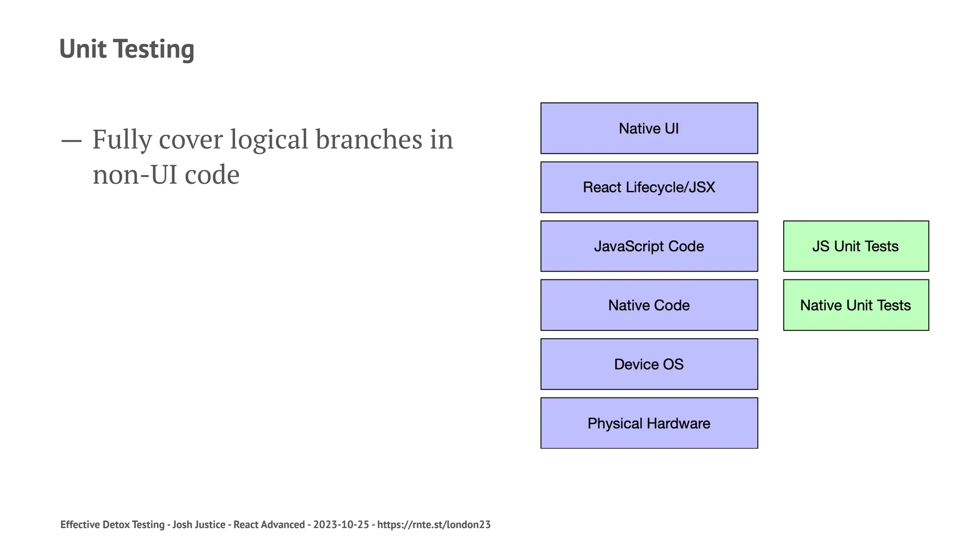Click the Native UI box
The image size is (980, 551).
[x=649, y=128]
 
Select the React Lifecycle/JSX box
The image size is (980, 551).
[x=649, y=187]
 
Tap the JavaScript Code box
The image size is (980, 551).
[x=649, y=246]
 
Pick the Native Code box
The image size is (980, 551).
[x=649, y=305]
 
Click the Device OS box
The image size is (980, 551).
[x=649, y=364]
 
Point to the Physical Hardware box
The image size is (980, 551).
[x=649, y=423]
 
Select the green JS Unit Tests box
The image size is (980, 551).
[x=856, y=246]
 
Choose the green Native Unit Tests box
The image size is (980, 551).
[x=856, y=305]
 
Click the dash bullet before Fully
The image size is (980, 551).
[x=71, y=141]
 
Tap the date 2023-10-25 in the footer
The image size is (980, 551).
[x=341, y=525]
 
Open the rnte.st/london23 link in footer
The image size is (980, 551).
[x=434, y=525]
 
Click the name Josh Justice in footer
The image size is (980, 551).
[x=199, y=525]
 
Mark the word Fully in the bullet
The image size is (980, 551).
[x=122, y=140]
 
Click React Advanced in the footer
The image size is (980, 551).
[x=269, y=525]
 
